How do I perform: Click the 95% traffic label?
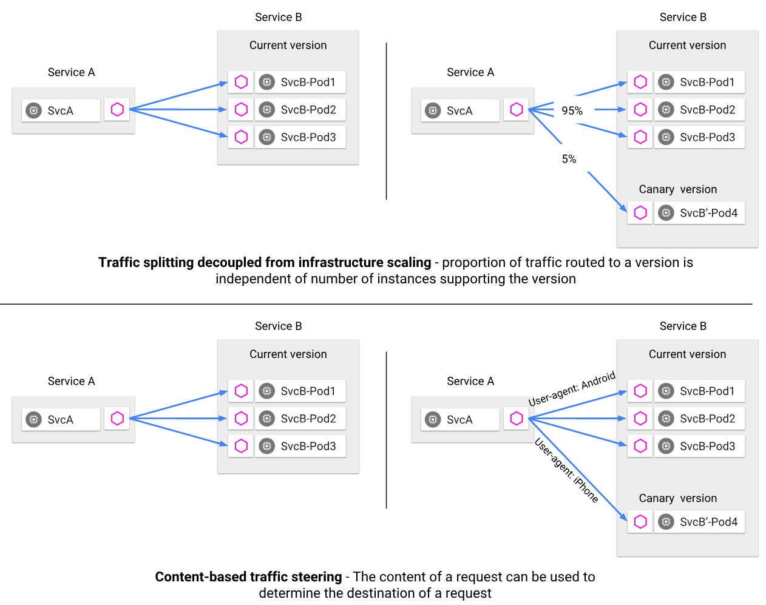pos(572,110)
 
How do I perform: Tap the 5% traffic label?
pos(569,159)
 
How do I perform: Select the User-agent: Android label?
pos(572,389)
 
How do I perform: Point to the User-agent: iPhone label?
pos(566,471)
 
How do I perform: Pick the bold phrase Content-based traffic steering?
pos(248,577)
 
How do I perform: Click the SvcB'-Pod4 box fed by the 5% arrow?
pos(699,213)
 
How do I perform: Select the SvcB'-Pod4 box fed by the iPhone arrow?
pos(699,522)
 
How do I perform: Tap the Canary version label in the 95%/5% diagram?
pos(677,189)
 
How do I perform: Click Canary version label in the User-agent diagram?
pos(677,498)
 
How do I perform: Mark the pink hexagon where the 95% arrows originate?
pos(517,109)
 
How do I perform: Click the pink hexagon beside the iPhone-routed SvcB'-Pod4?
pos(640,522)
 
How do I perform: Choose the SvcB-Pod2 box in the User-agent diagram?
pos(699,419)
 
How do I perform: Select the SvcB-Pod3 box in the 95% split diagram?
pos(699,137)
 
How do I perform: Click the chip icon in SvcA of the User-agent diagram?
pos(433,419)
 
